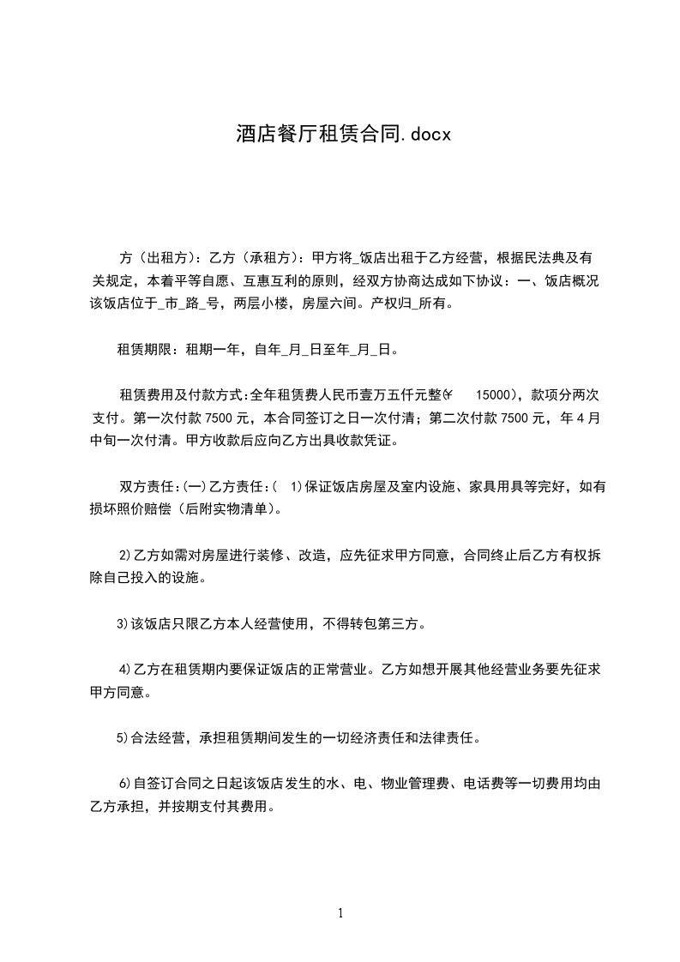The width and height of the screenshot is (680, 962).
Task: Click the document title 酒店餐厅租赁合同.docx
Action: point(343,133)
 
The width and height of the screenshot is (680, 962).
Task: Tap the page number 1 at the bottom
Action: point(340,913)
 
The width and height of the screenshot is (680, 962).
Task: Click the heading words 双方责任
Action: point(147,487)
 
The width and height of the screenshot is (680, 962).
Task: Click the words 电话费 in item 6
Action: point(482,782)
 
